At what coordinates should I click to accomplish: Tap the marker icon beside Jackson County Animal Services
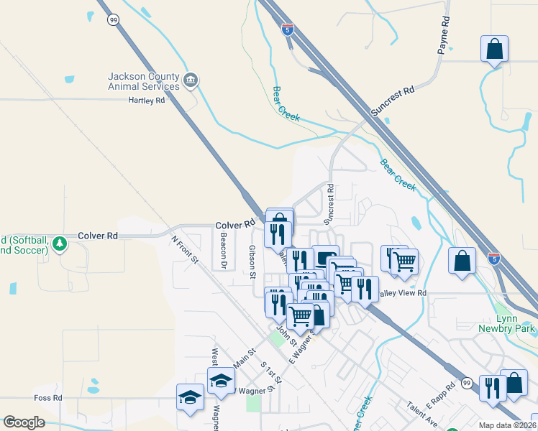[191, 80]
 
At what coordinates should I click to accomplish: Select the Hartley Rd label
[147, 101]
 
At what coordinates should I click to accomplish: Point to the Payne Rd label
[444, 36]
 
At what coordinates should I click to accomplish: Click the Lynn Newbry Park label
[506, 323]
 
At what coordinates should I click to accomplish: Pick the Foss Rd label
[48, 397]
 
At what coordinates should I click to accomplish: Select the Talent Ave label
[422, 413]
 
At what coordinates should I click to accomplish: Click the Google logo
[24, 422]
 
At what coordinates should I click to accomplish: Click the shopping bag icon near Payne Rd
[495, 50]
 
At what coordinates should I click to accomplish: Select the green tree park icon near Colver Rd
[60, 244]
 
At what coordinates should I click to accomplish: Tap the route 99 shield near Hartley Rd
[113, 20]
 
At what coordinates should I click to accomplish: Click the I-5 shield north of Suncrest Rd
[288, 29]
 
